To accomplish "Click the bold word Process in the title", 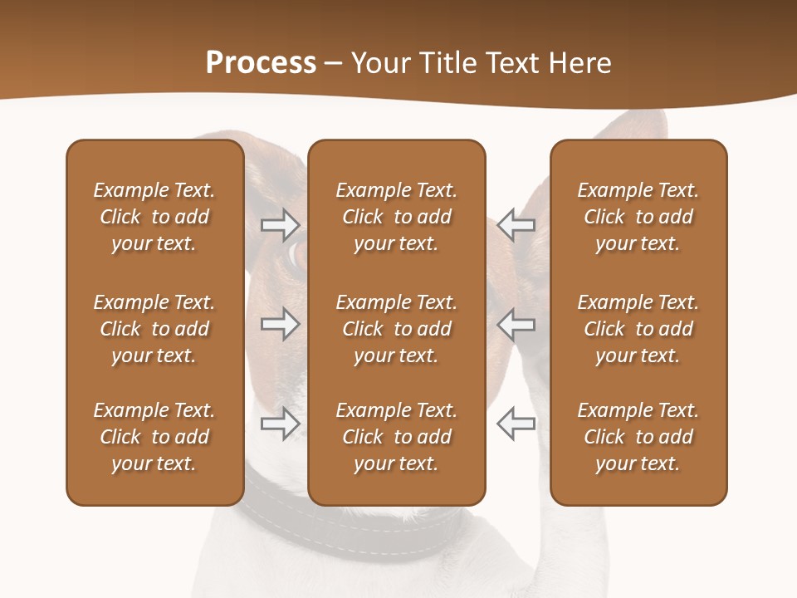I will coord(261,63).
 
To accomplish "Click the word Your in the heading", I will coord(380,63).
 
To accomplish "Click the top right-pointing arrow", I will coord(280,224).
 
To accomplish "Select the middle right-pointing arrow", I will coord(280,324).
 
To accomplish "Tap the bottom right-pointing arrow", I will coord(280,424).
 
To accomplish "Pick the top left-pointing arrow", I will coord(516,224).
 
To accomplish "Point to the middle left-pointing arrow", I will coord(516,324).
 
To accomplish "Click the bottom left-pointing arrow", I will coord(516,424).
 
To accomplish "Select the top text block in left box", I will coord(154,217).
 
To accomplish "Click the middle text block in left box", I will coord(154,329).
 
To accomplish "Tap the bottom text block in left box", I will coord(154,437).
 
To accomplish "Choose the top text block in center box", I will coord(396,217).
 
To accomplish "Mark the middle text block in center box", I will coord(396,329).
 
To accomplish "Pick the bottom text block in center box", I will coord(396,437).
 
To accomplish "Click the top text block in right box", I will coord(638,217).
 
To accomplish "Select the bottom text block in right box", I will coord(638,437).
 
